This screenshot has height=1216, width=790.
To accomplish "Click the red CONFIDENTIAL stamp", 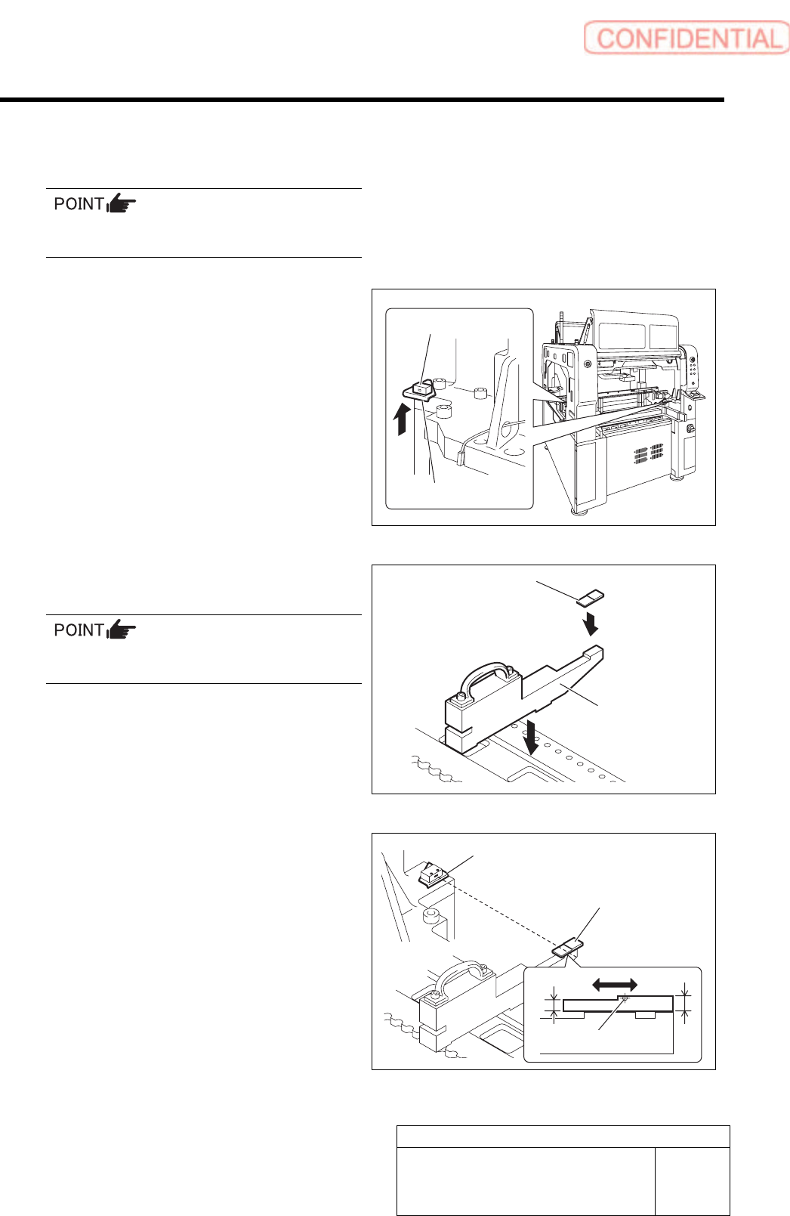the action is coord(686,38).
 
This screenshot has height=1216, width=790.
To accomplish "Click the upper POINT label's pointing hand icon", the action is coord(122,203).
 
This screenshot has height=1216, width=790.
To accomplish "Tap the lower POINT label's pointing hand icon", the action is coord(122,630).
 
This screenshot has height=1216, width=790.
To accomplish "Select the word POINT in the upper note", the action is coord(79,204).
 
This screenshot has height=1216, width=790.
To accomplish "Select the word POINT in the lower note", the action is coord(79,630).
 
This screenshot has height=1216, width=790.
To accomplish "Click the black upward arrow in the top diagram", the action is coord(403,419).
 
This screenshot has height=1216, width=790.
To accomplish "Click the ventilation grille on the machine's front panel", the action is coord(647,454).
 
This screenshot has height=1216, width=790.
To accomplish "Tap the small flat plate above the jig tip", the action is coord(590,599).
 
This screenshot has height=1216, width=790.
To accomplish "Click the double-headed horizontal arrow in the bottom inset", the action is coord(615,984).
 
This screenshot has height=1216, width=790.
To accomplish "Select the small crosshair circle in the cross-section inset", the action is coord(625,998).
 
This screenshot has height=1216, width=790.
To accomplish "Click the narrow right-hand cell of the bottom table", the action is coord(692,1181).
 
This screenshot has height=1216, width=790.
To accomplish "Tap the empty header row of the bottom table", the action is coord(563,1137).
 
